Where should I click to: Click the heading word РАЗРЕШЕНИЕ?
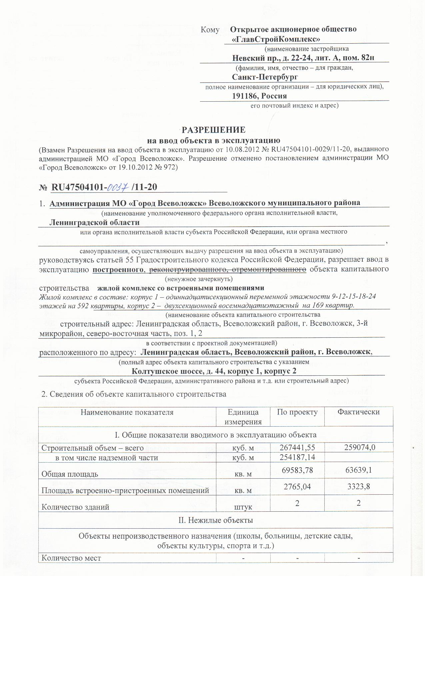coord(213,130)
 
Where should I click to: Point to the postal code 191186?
coord(245,96)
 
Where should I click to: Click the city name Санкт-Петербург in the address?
coord(265,77)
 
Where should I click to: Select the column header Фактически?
coord(358,412)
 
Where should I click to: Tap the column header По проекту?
coord(297,412)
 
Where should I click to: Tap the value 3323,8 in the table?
coord(358,487)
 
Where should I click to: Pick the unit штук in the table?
coord(243,507)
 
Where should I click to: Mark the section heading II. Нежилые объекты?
coord(216,520)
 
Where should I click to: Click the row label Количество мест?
coord(71,558)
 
